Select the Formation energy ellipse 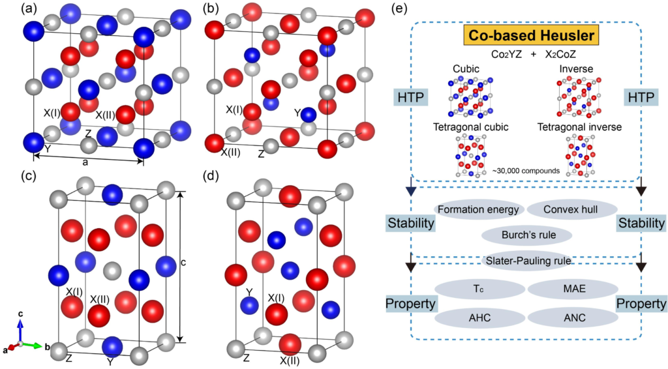(x=478, y=210)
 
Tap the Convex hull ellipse (x=569, y=210)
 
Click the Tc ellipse (x=478, y=289)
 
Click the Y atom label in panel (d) (x=248, y=291)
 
